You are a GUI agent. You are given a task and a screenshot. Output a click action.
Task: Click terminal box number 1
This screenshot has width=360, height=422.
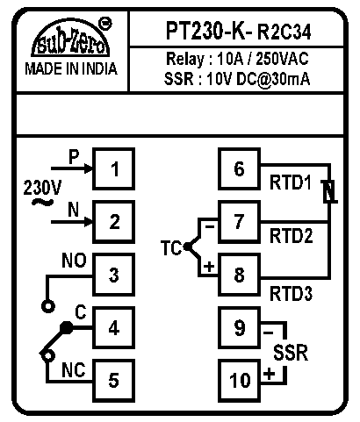(x=114, y=169)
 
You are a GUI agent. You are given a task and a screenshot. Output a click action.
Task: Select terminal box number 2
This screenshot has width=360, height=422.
(x=114, y=222)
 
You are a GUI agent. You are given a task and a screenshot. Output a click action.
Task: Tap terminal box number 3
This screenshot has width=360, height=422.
(x=114, y=275)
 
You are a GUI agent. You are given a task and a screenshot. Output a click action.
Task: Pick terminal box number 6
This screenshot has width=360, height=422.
(x=239, y=169)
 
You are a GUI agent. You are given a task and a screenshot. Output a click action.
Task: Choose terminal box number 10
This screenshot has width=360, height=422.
(x=239, y=381)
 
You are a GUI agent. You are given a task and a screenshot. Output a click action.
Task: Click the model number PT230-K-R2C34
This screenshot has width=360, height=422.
(x=239, y=31)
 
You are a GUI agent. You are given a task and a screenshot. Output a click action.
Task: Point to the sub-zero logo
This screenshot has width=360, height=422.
(x=71, y=38)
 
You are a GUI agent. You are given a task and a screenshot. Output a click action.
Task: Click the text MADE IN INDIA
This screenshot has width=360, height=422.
(x=71, y=69)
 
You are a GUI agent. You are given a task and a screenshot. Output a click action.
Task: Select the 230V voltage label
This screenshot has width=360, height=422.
(x=42, y=187)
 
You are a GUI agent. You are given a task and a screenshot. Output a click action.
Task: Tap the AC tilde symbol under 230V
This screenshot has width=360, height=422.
(x=42, y=202)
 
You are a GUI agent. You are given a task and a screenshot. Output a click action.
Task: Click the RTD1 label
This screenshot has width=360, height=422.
(x=290, y=182)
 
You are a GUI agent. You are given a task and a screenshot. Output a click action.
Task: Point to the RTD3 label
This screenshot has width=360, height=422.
(x=291, y=293)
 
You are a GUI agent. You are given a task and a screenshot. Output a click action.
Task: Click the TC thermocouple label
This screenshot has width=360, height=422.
(x=171, y=248)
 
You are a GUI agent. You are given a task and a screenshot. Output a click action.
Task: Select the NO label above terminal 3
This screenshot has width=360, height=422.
(x=74, y=261)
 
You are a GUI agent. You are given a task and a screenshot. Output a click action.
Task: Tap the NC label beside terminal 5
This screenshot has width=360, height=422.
(x=74, y=370)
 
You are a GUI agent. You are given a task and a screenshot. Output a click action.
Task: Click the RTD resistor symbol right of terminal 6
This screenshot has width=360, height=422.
(x=329, y=191)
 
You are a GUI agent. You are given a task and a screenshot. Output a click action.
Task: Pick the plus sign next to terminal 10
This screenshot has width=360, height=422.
(x=270, y=374)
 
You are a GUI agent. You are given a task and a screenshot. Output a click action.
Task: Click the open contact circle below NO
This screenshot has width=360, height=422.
(x=48, y=306)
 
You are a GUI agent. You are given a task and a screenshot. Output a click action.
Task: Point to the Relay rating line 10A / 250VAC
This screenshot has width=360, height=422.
(x=237, y=59)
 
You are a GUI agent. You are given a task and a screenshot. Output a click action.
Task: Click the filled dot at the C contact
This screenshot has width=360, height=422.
(x=67, y=327)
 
